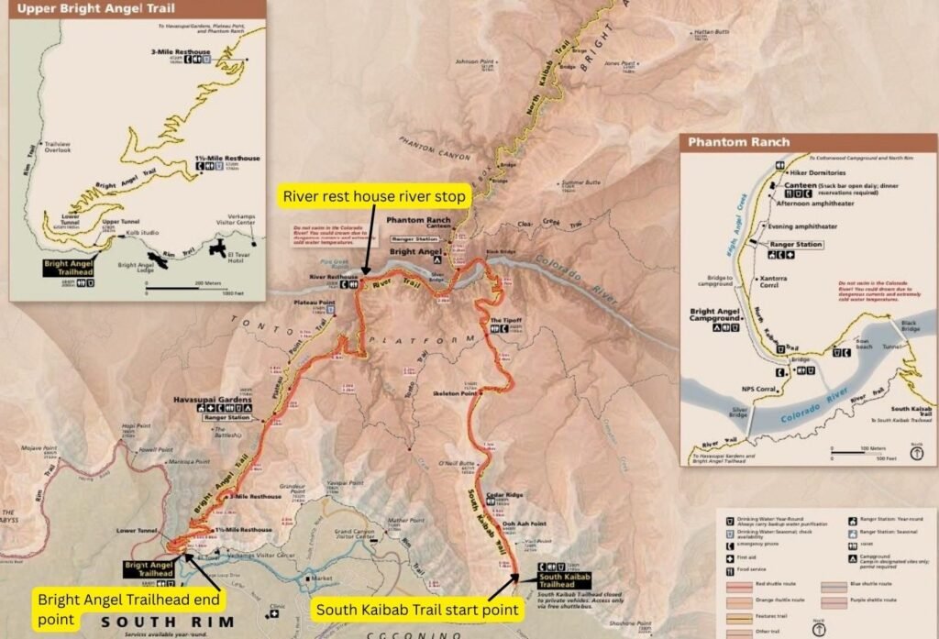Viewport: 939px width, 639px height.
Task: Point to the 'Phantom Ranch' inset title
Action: pyautogui.click(x=738, y=142)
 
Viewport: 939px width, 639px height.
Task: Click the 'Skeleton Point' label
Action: pyautogui.click(x=452, y=391)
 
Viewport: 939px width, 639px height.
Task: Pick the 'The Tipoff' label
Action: pyautogui.click(x=507, y=320)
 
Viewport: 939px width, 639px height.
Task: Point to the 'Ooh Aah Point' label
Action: pyautogui.click(x=518, y=524)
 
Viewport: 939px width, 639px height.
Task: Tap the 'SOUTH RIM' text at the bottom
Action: pyautogui.click(x=179, y=622)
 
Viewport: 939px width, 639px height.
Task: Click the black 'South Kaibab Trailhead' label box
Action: pyautogui.click(x=563, y=579)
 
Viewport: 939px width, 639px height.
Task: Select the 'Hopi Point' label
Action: pyautogui.click(x=134, y=426)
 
